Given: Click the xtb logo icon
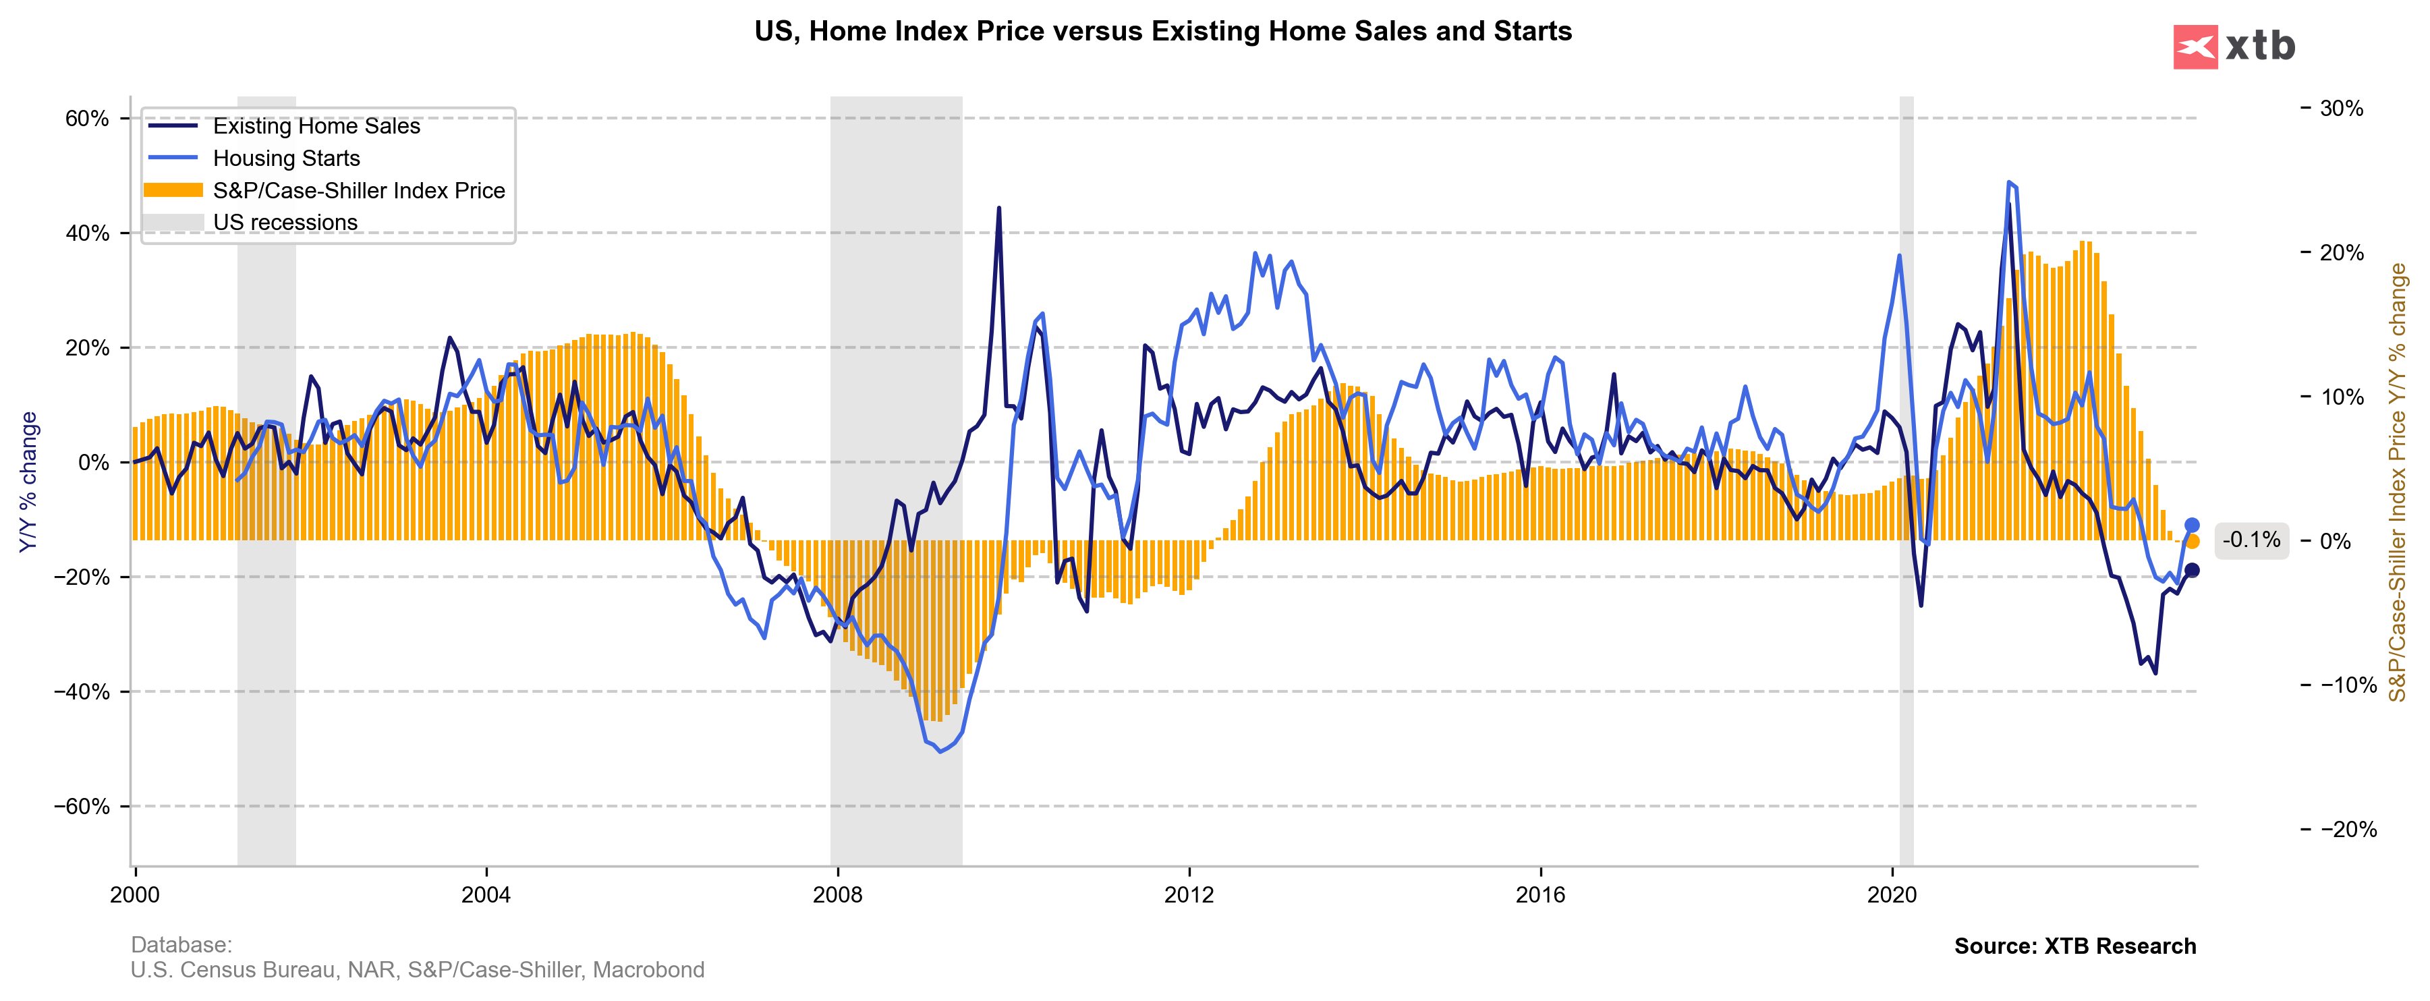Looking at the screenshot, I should tap(2195, 47).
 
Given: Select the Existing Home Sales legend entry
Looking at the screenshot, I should tap(316, 126).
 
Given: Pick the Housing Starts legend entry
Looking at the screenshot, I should tap(286, 159).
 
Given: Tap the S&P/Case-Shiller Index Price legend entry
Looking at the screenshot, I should tap(358, 191).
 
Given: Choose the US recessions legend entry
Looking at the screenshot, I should tap(285, 223).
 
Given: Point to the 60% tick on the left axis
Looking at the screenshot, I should tap(87, 119).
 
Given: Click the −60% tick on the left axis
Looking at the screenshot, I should tap(82, 807).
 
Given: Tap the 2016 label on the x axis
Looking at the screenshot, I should tap(1540, 895).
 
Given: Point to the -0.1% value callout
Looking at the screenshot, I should tap(2251, 540).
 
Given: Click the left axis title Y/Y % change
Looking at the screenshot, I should tap(28, 481).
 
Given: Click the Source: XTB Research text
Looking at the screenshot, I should tap(2074, 946).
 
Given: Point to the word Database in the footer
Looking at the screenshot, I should tap(180, 944).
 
